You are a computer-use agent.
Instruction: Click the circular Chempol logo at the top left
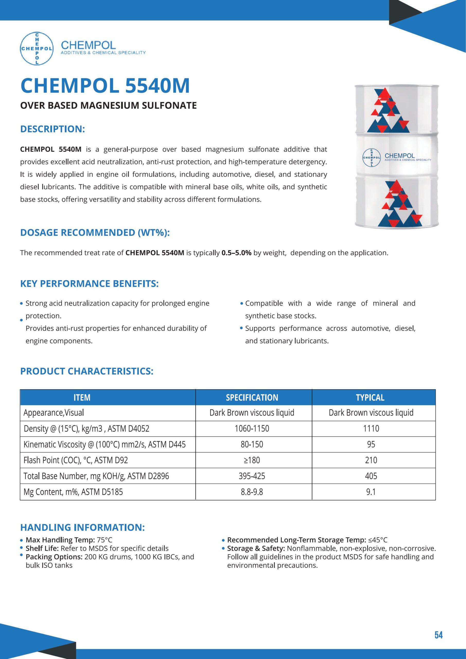37,48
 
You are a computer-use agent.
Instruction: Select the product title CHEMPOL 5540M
105,85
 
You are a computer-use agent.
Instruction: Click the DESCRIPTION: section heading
52,129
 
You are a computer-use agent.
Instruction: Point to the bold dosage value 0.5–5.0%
236,253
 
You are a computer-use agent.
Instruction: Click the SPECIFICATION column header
252,397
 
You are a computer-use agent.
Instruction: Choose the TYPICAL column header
370,397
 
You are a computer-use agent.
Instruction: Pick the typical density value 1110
371,429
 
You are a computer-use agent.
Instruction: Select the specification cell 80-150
252,444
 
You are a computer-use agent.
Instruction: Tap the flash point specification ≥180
252,460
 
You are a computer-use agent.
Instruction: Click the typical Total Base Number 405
371,476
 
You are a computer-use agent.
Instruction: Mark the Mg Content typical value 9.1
371,492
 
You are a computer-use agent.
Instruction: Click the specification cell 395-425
252,476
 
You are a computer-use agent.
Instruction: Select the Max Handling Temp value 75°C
104,540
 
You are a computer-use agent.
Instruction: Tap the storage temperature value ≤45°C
378,540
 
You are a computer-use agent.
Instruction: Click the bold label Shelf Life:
42,548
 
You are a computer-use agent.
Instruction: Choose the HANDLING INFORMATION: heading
82,527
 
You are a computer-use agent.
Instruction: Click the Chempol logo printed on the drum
372,158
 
